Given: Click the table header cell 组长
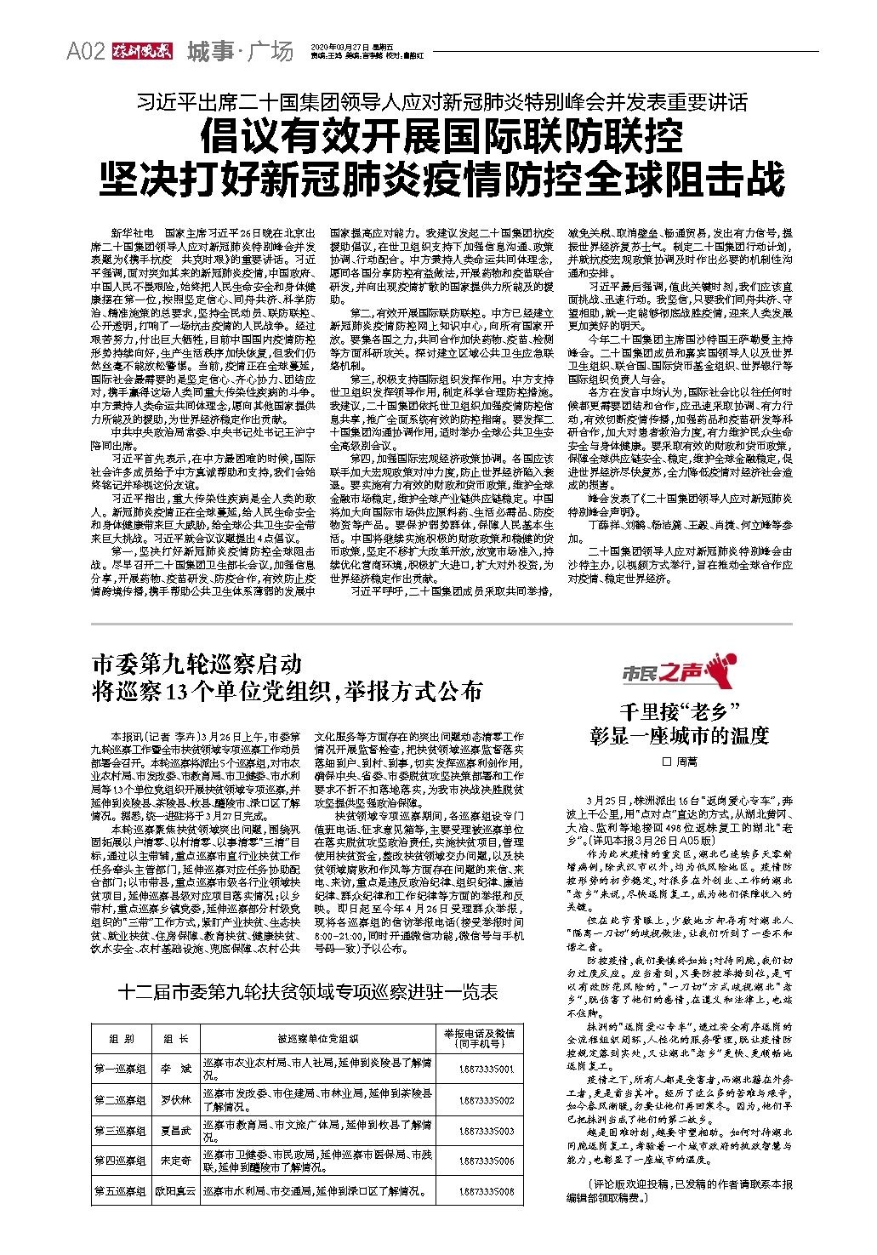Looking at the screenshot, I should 176,1039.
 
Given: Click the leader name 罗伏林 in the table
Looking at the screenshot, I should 176,1100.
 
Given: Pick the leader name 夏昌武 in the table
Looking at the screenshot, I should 176,1132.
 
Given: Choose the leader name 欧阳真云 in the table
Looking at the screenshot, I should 176,1192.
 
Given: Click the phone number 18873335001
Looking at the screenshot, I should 486,1069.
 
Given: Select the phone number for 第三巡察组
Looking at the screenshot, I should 486,1132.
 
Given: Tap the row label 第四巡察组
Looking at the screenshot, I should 120,1161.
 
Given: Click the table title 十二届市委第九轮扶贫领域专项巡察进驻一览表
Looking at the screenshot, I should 310,992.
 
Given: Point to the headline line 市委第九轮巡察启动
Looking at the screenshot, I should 196,663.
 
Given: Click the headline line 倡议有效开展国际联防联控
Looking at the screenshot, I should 441,136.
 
